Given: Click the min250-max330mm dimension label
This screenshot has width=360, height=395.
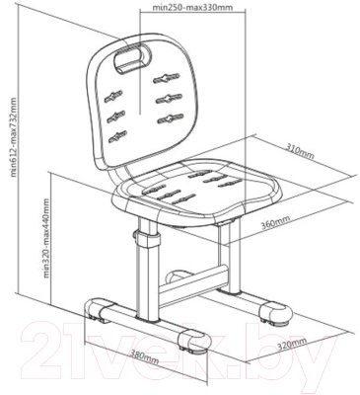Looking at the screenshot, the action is tap(192, 7).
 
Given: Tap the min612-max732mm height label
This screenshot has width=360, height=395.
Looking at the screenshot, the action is tap(13, 136).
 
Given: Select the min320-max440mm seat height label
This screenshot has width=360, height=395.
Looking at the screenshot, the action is tap(46, 238).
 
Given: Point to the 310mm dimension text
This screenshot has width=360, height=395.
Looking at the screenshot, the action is tap(300, 151).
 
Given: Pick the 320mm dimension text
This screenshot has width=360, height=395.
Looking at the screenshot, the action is tap(292, 345).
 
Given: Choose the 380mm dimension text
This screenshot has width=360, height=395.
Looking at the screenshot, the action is tap(145, 356).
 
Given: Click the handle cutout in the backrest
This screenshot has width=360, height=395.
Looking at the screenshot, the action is tap(132, 58).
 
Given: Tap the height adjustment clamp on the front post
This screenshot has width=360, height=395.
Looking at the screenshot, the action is tap(146, 238).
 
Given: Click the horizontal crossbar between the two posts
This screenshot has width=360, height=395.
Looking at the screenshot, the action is tap(193, 279).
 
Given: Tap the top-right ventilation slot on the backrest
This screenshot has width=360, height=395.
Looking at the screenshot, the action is tap(166, 78).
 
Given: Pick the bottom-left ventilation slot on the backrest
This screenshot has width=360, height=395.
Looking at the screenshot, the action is tap(117, 136).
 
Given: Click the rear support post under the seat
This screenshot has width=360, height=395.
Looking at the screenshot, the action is tap(233, 255).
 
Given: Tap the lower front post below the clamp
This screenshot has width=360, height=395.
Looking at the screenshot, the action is tap(146, 282).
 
